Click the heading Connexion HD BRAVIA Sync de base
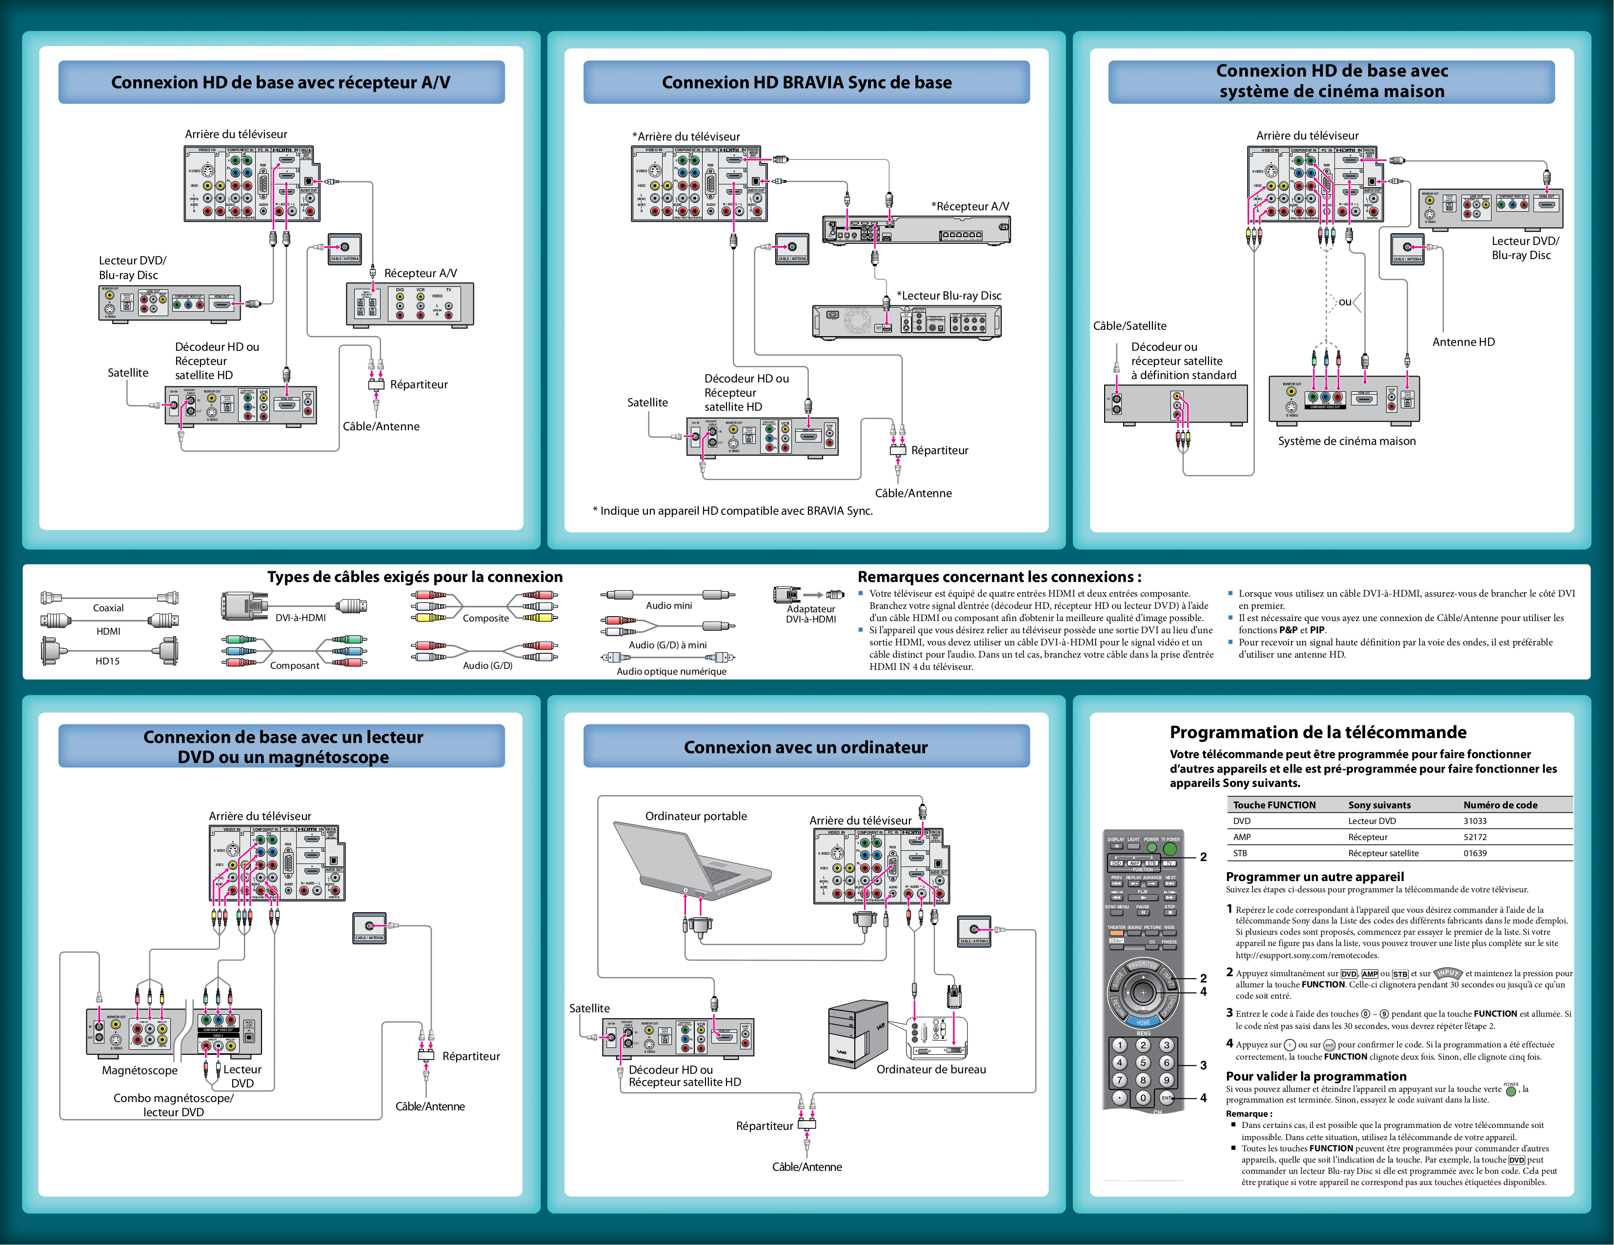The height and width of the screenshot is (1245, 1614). pyautogui.click(x=806, y=82)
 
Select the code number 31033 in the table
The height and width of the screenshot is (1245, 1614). pyautogui.click(x=1474, y=821)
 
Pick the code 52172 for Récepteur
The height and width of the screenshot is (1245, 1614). pyautogui.click(x=1474, y=837)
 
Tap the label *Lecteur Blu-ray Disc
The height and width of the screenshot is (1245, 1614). pyautogui.click(x=949, y=296)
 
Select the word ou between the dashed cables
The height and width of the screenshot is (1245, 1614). pyautogui.click(x=1345, y=301)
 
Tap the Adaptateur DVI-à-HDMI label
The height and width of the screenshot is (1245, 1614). pyautogui.click(x=811, y=614)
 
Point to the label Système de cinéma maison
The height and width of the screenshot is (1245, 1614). pyautogui.click(x=1347, y=441)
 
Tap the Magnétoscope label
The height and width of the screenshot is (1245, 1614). pyautogui.click(x=140, y=1071)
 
